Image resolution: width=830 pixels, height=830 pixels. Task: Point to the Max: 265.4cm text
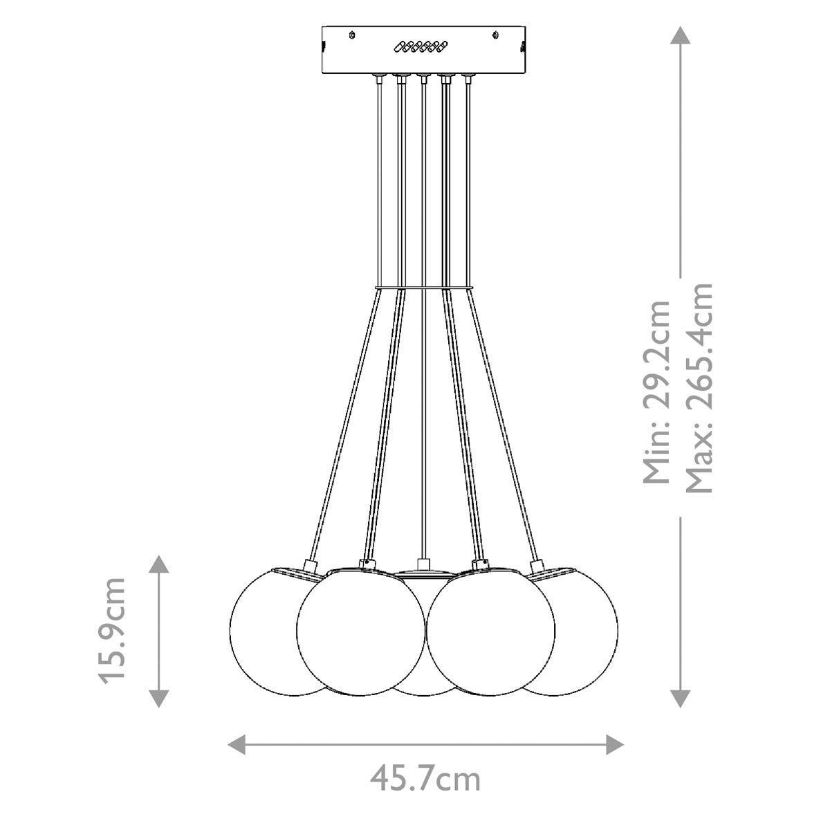click(x=699, y=387)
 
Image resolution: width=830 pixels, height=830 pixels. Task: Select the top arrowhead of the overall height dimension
click(x=681, y=35)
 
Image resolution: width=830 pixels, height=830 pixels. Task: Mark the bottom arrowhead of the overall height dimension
click(x=681, y=699)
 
